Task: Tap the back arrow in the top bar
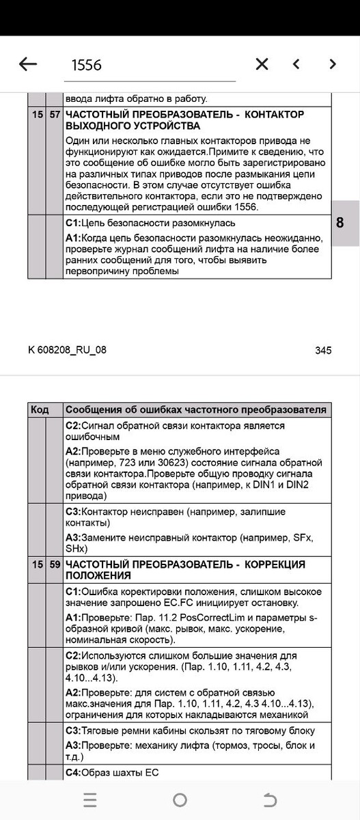click(x=28, y=64)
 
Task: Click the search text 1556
click(x=87, y=65)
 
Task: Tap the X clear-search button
click(x=262, y=64)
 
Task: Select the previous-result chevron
click(x=296, y=64)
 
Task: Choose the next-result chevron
click(x=333, y=64)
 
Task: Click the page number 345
click(x=323, y=351)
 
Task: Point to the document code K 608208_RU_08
click(x=67, y=350)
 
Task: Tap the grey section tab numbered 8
click(x=340, y=223)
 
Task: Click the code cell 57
click(x=55, y=114)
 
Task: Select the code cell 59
click(x=55, y=565)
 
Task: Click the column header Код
click(x=40, y=409)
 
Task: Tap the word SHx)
click(x=77, y=549)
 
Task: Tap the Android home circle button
click(x=180, y=800)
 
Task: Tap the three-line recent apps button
click(x=90, y=800)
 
